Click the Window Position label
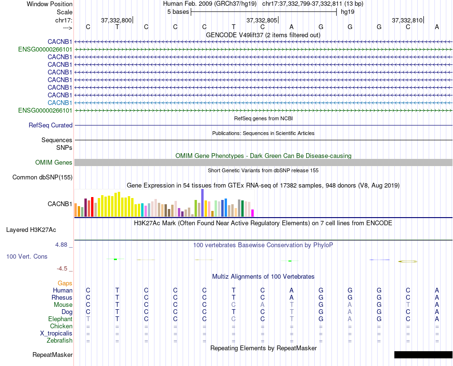click(x=50, y=4)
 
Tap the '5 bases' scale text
click(x=178, y=12)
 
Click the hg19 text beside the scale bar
click(x=347, y=12)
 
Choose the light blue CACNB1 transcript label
click(x=60, y=103)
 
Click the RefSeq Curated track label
click(x=51, y=125)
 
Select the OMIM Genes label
click(x=54, y=163)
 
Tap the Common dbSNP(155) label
click(x=42, y=178)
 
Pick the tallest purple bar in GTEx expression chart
click(x=203, y=203)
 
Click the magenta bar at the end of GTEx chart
click(x=253, y=213)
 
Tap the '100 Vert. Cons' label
click(x=27, y=256)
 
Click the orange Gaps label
click(x=65, y=283)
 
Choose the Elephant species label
click(x=60, y=319)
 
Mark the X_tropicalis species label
click(x=56, y=333)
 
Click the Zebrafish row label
click(x=60, y=340)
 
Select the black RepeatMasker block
click(x=423, y=355)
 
